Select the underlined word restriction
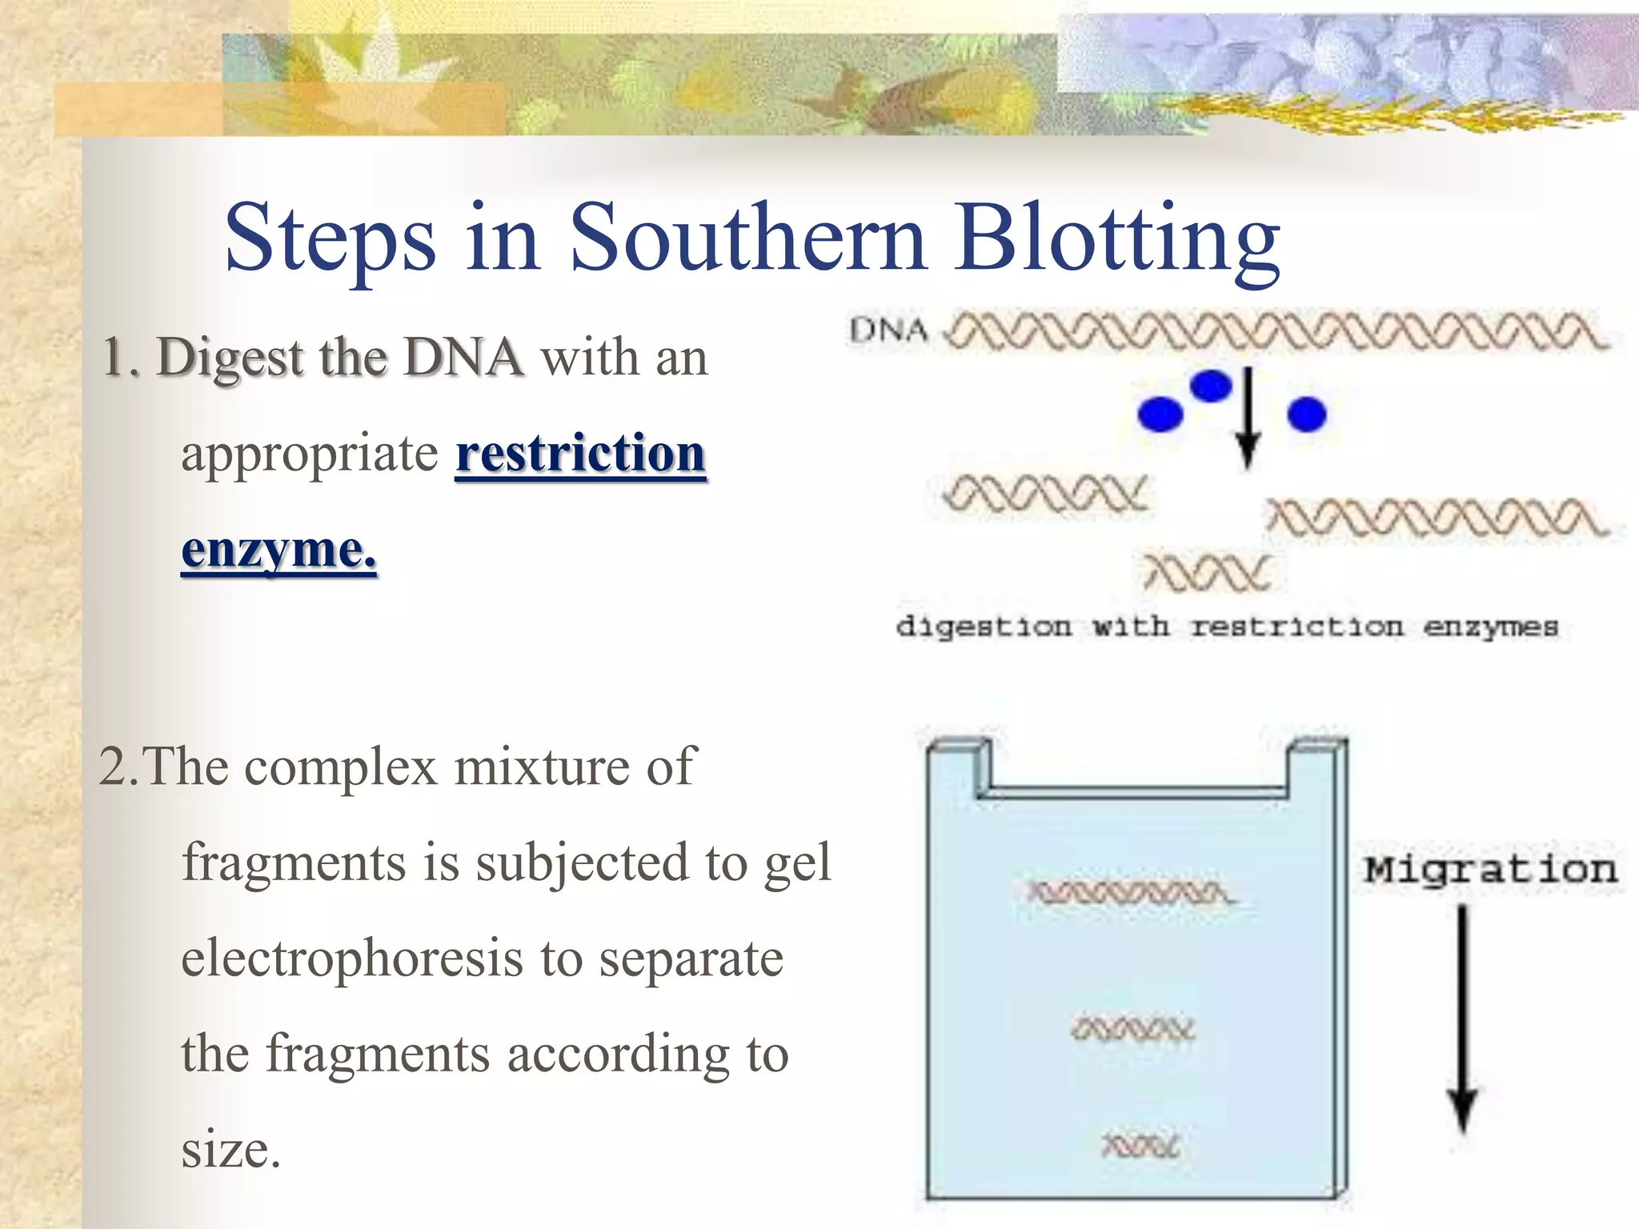[580, 453]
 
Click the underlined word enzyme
[278, 550]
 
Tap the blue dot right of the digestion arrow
[1306, 414]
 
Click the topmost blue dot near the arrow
[1210, 386]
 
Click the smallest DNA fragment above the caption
[1207, 573]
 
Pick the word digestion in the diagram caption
[983, 627]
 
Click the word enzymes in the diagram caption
[1490, 627]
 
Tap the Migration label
[1490, 870]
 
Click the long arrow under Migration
[1463, 1016]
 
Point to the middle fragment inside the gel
[1133, 1028]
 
